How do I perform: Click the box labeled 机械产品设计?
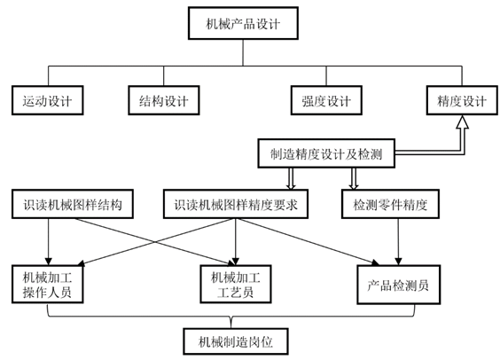(x=243, y=23)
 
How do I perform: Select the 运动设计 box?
(x=48, y=100)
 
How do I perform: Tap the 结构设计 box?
(x=164, y=100)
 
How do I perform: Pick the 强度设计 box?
(x=326, y=100)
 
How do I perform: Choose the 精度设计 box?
(x=462, y=100)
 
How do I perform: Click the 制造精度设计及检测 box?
(x=326, y=153)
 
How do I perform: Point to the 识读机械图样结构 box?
(x=73, y=204)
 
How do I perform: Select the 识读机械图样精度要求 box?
(x=236, y=204)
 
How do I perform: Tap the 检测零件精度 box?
(x=390, y=204)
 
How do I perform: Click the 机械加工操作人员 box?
(x=48, y=284)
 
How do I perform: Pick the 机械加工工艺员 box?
(x=236, y=284)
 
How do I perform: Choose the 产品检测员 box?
(x=399, y=285)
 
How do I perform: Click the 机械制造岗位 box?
(x=236, y=341)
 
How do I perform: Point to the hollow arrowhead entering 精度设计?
(x=462, y=121)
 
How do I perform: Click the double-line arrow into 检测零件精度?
(x=354, y=178)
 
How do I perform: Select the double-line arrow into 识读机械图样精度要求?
(x=291, y=178)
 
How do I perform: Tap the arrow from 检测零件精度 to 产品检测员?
(x=398, y=242)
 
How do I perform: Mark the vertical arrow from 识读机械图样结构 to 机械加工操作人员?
(x=49, y=242)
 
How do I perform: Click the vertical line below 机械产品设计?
(x=243, y=52)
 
